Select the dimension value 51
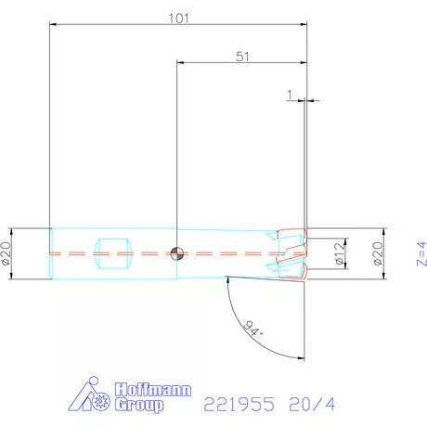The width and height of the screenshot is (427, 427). coord(242,56)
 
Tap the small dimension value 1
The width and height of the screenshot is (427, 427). coord(291,95)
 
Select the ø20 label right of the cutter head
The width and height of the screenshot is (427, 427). coord(379,252)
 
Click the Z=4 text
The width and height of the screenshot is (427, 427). coord(420,252)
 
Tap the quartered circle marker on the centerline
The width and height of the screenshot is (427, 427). coord(176,252)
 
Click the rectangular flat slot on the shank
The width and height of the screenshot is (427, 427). coord(109,252)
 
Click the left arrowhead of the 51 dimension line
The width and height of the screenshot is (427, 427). coord(180,64)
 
